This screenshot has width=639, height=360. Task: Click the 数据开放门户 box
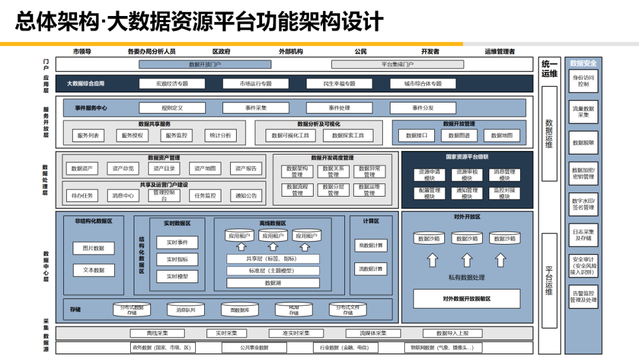click(205, 65)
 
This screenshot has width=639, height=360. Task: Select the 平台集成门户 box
click(397, 65)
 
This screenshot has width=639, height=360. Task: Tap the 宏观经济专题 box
click(172, 83)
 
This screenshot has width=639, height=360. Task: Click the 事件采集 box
click(256, 108)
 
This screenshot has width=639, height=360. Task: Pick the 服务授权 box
click(132, 136)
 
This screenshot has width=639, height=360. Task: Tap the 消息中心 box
click(123, 195)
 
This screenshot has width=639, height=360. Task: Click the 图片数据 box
click(93, 248)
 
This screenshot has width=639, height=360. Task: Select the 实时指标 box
click(177, 259)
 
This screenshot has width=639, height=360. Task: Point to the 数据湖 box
click(273, 283)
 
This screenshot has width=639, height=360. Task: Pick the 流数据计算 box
click(371, 269)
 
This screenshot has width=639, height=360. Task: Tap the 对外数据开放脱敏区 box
click(467, 298)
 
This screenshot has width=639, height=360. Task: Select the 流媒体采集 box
click(365, 333)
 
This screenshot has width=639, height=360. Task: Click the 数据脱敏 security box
click(583, 143)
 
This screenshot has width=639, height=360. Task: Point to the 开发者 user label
click(430, 52)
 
